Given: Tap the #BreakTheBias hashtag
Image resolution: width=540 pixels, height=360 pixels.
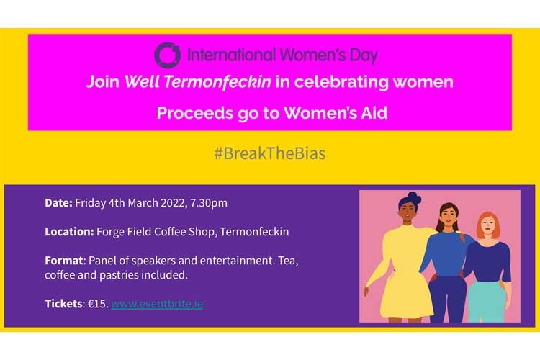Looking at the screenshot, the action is click(x=270, y=153).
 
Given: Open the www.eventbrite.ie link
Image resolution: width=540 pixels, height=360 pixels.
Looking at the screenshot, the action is click(x=157, y=304).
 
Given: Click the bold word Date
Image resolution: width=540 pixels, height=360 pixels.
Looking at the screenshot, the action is click(x=58, y=202).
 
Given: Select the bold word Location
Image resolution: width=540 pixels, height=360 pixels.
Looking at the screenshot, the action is click(x=69, y=232).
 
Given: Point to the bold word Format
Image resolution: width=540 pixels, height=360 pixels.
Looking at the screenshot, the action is click(x=64, y=261).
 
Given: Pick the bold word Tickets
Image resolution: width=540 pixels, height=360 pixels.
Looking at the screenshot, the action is click(x=64, y=304).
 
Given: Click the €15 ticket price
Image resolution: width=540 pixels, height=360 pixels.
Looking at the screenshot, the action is click(x=98, y=304).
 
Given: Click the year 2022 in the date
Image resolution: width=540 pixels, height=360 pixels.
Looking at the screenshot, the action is click(x=174, y=203).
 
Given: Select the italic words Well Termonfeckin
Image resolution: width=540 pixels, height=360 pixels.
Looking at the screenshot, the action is click(x=198, y=81).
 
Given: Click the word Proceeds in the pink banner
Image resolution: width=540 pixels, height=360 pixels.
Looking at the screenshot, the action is click(x=194, y=113).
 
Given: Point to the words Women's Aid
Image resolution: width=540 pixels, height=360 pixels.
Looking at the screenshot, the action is click(x=336, y=113).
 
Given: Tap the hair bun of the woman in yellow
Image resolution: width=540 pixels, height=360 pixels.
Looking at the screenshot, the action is click(x=413, y=197).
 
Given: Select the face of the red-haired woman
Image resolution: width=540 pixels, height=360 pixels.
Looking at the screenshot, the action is click(x=488, y=226).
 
